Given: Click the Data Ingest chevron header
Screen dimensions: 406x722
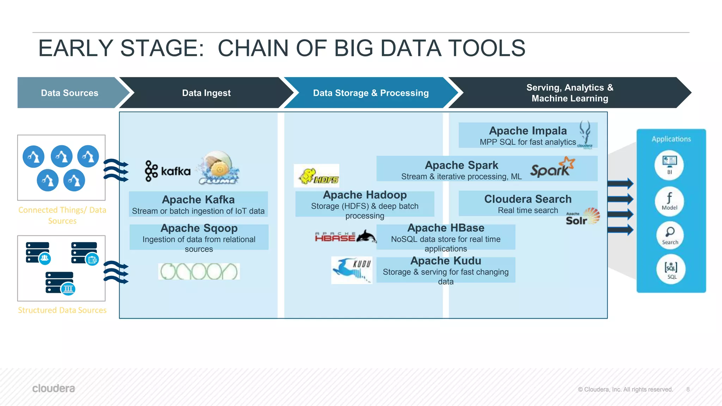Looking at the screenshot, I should (206, 93).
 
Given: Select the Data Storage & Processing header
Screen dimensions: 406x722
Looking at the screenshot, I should (371, 93).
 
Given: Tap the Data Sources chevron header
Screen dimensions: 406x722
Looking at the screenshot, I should (69, 93).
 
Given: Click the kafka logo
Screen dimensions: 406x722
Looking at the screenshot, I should (168, 171).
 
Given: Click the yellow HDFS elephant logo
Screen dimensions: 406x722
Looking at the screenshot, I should (317, 176).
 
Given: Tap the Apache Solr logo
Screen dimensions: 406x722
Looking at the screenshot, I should (582, 216).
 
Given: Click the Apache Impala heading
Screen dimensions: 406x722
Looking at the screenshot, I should (528, 131).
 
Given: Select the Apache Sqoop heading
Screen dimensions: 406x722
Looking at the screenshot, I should (199, 228).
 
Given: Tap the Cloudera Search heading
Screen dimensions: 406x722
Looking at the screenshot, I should (528, 199).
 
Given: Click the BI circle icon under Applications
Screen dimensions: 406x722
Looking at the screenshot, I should (669, 165).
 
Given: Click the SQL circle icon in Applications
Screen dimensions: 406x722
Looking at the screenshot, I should (671, 269).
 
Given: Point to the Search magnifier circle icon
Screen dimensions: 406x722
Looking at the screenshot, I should (670, 235).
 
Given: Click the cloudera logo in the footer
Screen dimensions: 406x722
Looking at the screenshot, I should (54, 388).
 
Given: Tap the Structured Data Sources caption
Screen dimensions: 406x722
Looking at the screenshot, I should (62, 310).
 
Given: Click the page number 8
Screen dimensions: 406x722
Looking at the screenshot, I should (688, 389).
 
